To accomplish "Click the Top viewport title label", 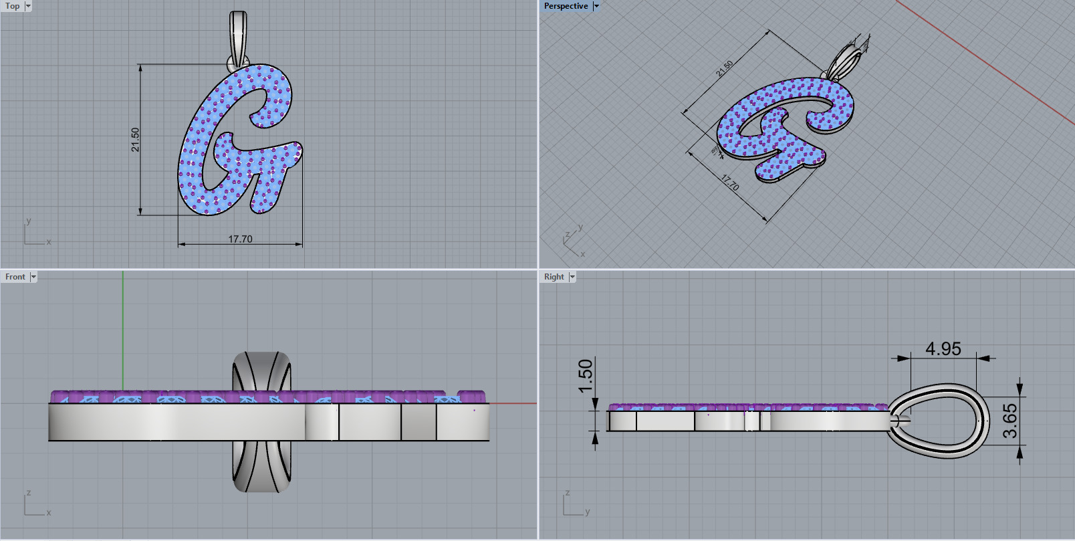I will [13, 6].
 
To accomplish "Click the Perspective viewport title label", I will [566, 6].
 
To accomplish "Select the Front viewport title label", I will [15, 277].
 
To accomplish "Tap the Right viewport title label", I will [554, 277].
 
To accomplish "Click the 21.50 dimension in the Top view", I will [135, 140].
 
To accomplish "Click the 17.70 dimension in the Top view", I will [240, 239].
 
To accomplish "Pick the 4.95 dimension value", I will [943, 348].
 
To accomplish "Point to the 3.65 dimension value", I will [1009, 421].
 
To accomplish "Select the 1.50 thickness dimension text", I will [586, 376].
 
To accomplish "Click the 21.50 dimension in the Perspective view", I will [725, 69].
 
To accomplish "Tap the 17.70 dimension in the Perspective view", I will [730, 183].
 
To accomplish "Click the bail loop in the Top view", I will [238, 33].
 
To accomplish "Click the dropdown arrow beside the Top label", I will [28, 6].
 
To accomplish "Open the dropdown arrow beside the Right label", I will [572, 277].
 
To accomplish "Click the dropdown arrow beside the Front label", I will [33, 277].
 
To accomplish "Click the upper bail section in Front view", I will [262, 372].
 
